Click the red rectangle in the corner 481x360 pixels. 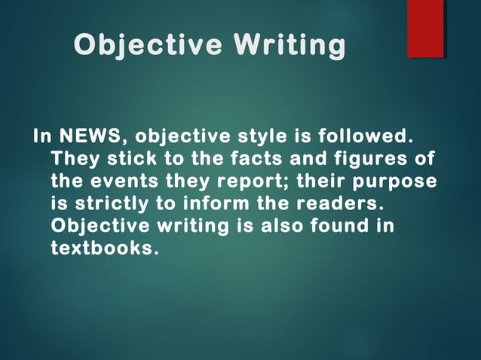click(x=425, y=29)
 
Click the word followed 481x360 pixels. click(x=365, y=138)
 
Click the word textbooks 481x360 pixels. click(x=105, y=247)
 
